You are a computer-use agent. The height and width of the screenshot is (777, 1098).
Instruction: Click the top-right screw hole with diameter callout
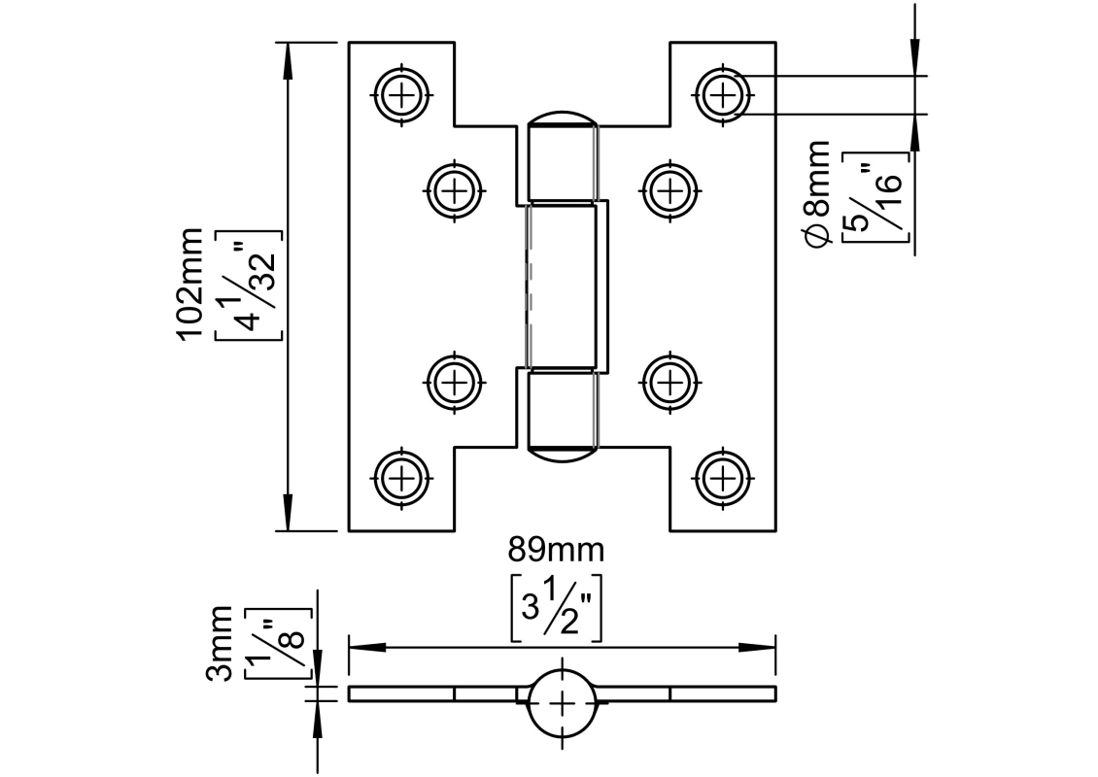coord(721,94)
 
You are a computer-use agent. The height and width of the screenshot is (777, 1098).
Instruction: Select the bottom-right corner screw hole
coord(721,477)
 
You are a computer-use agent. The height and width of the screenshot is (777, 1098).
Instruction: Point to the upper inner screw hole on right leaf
coord(669,189)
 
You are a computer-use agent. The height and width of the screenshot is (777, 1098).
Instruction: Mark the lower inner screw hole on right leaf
coord(669,381)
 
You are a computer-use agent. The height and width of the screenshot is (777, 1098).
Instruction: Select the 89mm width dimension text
coord(556,551)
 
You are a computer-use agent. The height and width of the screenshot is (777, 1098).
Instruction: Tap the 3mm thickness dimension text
coord(223,643)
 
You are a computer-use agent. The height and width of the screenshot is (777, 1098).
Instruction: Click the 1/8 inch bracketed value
coord(279,643)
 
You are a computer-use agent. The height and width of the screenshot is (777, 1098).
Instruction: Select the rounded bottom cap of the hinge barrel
coord(562,451)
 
